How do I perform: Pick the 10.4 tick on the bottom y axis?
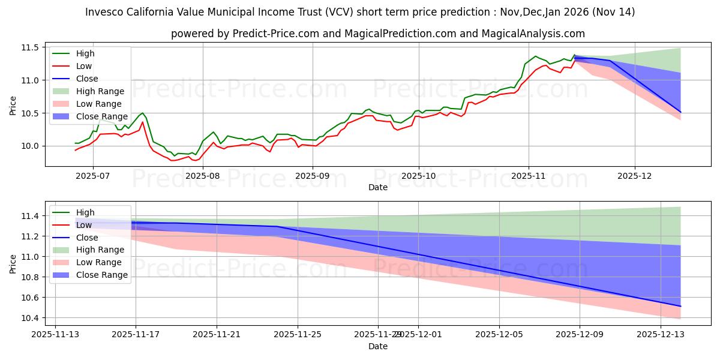[30, 318]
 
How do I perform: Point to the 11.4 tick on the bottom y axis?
[30, 216]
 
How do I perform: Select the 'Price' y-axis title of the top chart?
[13, 105]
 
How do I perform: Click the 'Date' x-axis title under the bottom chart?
[378, 346]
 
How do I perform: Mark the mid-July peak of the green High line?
[142, 112]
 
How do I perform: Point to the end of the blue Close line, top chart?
[680, 112]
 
